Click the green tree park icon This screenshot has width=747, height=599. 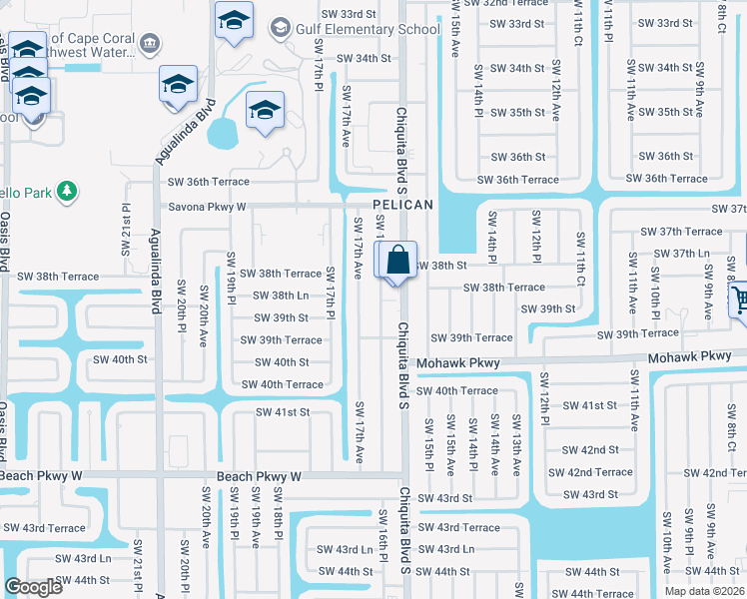(x=67, y=190)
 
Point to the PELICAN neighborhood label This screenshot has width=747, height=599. (x=403, y=205)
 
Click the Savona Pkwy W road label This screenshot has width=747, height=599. (x=207, y=207)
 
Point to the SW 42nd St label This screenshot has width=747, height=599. (x=590, y=450)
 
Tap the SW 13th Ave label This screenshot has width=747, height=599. (x=516, y=446)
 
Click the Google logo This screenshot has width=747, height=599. (x=33, y=587)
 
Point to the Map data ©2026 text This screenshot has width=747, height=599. (x=704, y=591)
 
